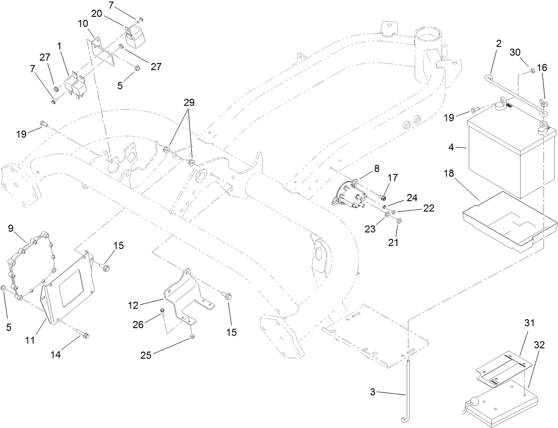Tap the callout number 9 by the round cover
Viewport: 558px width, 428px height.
[12, 229]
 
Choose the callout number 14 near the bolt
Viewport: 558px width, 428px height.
[55, 355]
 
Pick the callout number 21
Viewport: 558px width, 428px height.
[393, 243]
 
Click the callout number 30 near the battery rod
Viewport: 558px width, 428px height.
[515, 52]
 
